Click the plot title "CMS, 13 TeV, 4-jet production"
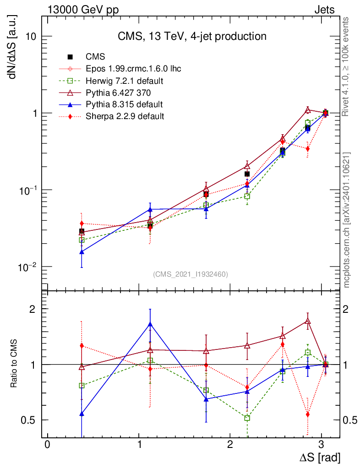point(191,36)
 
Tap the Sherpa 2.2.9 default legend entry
point(125,116)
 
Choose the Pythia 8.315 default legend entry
point(124,104)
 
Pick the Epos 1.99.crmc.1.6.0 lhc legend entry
point(133,69)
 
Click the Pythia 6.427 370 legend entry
point(119,93)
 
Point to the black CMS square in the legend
point(70,57)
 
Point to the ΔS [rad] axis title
point(320,458)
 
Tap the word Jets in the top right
point(324,10)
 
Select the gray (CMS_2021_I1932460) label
point(190,274)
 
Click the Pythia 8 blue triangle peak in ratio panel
point(149,324)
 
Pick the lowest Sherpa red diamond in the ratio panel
point(307,414)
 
